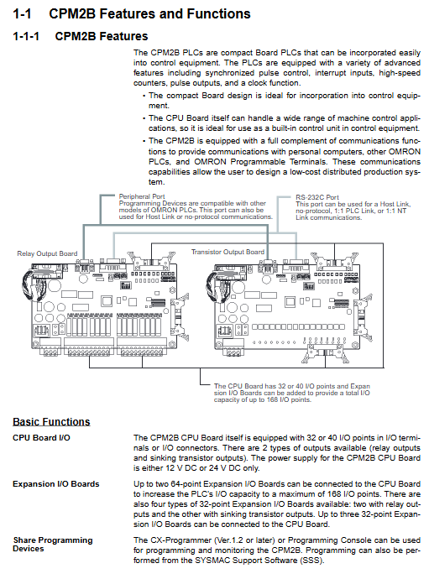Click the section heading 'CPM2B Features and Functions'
click(x=149, y=14)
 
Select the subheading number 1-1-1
click(x=26, y=36)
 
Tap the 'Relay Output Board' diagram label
click(x=47, y=253)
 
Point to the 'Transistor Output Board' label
click(x=228, y=252)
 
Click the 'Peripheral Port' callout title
click(x=142, y=196)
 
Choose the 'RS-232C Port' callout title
click(x=317, y=197)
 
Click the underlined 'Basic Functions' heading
click(x=51, y=422)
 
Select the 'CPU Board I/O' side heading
click(x=41, y=438)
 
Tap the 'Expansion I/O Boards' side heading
click(x=56, y=484)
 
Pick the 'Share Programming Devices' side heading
click(x=52, y=545)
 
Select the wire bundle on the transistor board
click(x=213, y=286)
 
